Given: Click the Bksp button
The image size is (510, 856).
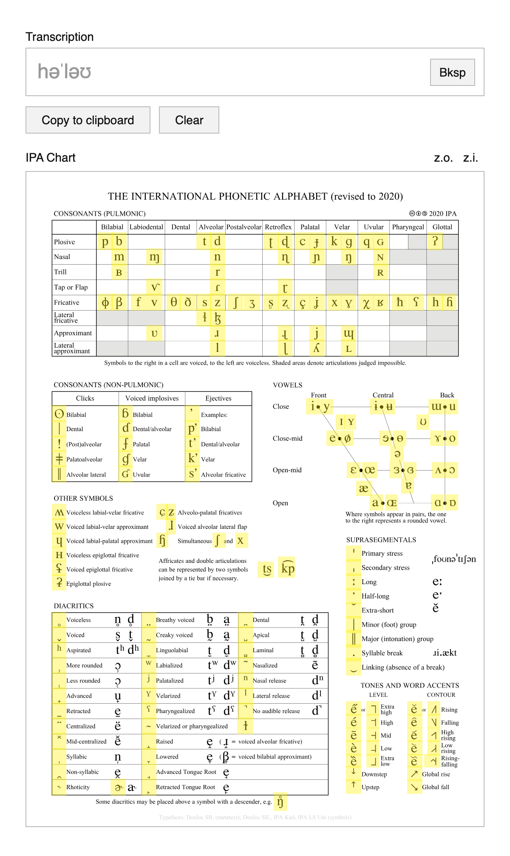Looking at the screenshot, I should [452, 72].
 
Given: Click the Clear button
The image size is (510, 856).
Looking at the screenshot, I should [189, 120].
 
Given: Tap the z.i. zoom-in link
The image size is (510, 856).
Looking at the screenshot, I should [470, 158].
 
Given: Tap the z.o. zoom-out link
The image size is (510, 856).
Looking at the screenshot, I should [443, 158].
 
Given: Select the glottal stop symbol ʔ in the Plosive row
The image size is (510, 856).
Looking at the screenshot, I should [435, 242].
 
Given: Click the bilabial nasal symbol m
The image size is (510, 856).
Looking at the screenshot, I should [119, 257].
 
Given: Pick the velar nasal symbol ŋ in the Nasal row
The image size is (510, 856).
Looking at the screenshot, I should [348, 257].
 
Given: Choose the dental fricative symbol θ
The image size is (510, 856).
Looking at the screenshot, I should [174, 302].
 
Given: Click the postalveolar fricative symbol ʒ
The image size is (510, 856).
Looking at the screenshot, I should [252, 303].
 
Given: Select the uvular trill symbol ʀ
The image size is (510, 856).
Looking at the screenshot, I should [380, 272].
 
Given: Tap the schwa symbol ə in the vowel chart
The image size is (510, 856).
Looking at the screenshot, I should [397, 454].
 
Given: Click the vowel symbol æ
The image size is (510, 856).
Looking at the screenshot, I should [363, 488].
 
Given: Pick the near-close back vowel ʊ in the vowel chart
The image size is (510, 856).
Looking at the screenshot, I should [423, 422].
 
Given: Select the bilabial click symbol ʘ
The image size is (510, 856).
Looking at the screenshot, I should [59, 414].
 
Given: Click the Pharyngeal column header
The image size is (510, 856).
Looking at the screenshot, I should [408, 227].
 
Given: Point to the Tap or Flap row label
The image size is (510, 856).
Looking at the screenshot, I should [71, 287].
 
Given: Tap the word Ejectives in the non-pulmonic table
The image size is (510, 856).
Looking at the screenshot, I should [218, 398].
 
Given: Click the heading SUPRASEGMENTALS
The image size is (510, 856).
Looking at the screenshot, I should [381, 540].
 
